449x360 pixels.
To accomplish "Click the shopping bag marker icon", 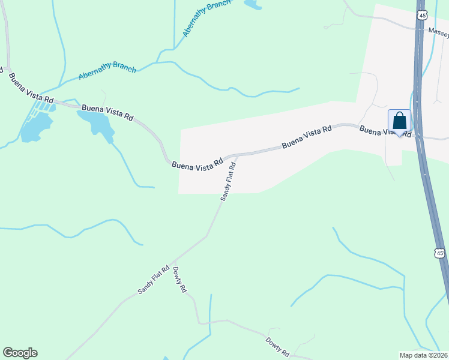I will tap(400, 122).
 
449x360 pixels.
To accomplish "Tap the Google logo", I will tap(20, 353).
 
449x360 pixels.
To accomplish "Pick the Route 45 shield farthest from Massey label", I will tap(441, 254).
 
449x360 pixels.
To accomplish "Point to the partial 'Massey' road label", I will tap(437, 31).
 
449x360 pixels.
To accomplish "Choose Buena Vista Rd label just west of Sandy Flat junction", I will tap(197, 164).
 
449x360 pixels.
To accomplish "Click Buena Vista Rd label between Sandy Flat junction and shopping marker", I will tap(306, 137).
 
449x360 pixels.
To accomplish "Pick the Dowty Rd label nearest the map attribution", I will tap(278, 346).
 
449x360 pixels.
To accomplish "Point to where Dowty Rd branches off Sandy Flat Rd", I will tap(172, 264).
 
